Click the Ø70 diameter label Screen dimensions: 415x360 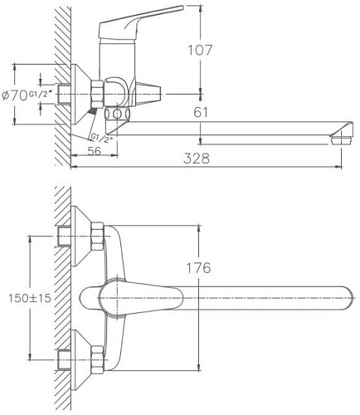14,95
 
